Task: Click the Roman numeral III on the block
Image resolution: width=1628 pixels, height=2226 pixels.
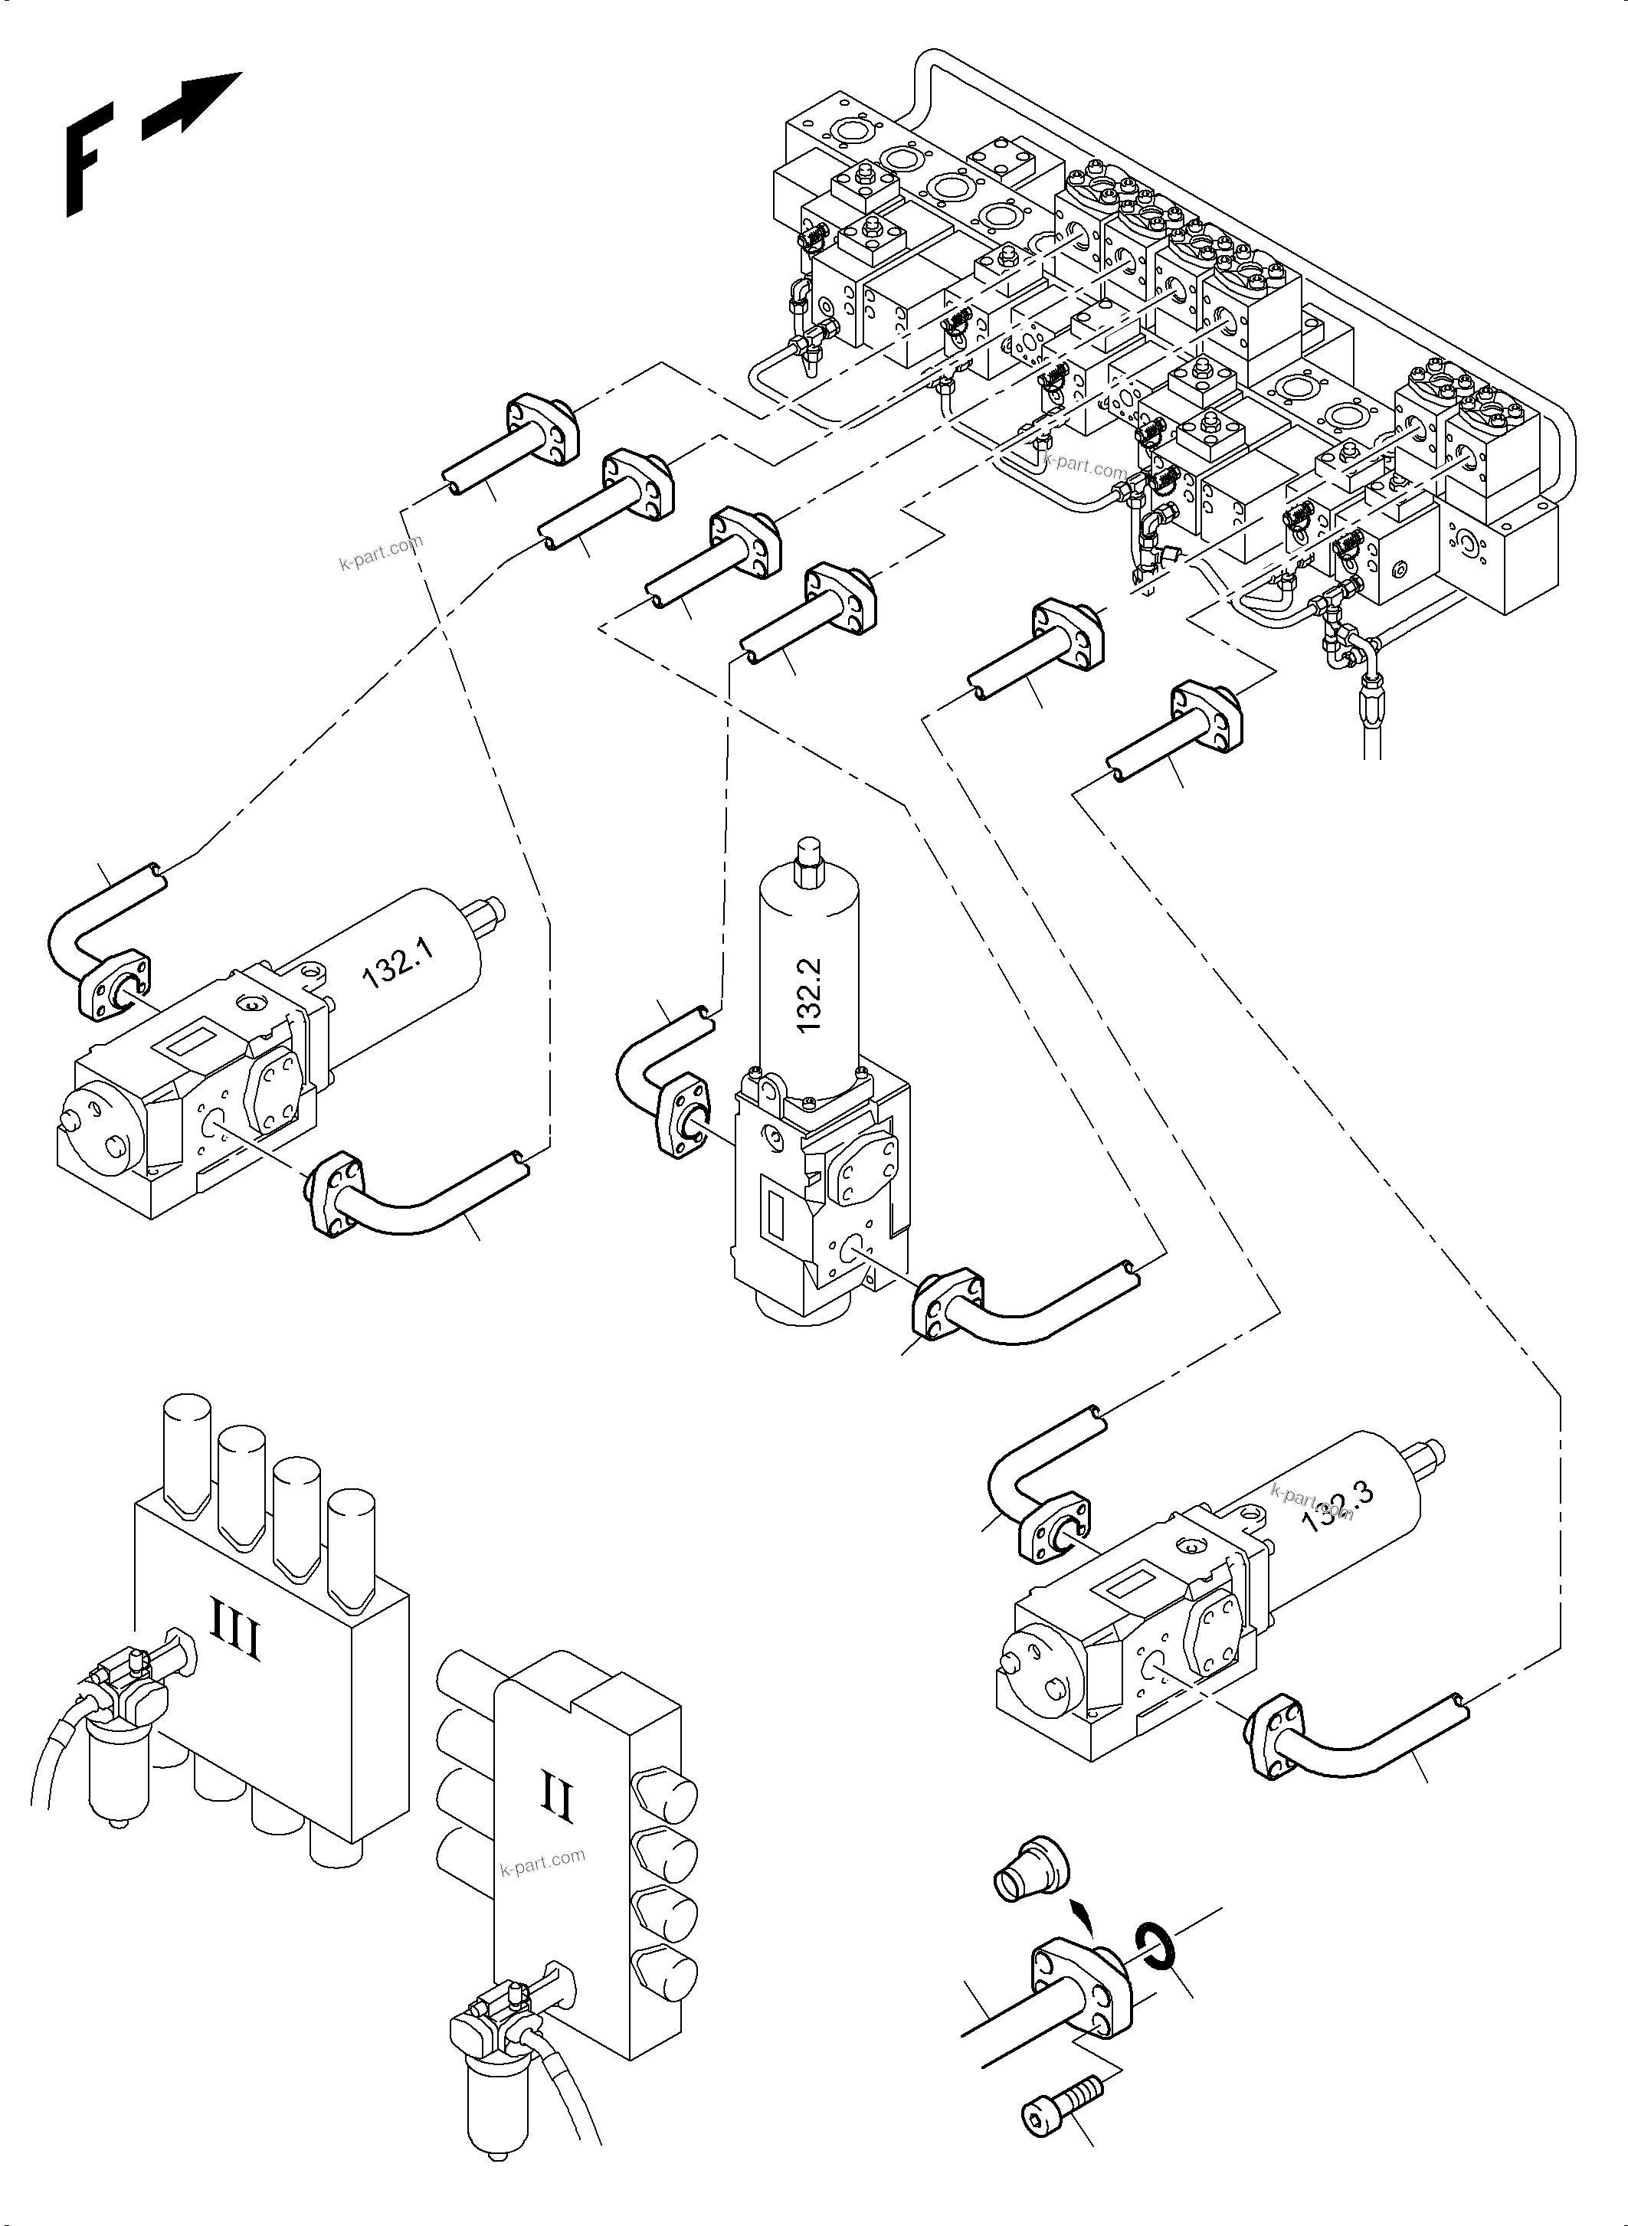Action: click(x=235, y=1642)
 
